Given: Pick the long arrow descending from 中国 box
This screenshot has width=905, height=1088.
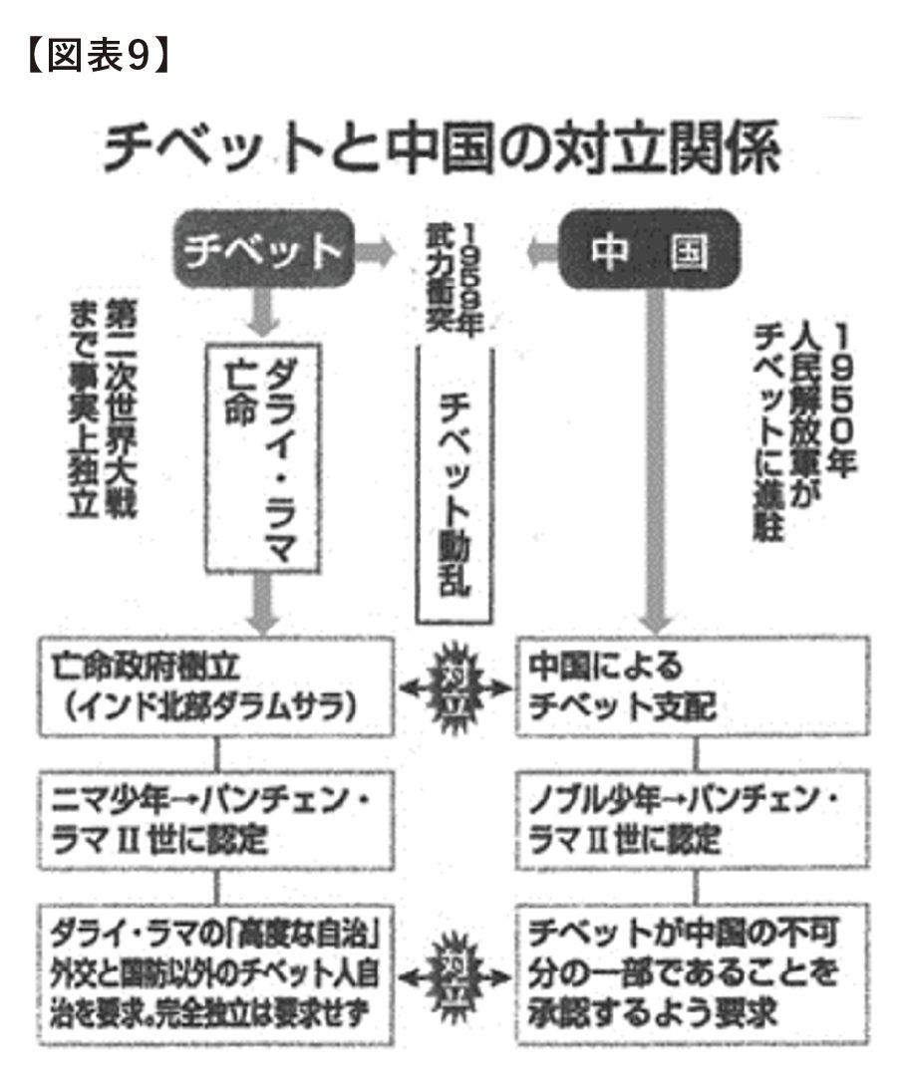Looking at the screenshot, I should click(x=655, y=458).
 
